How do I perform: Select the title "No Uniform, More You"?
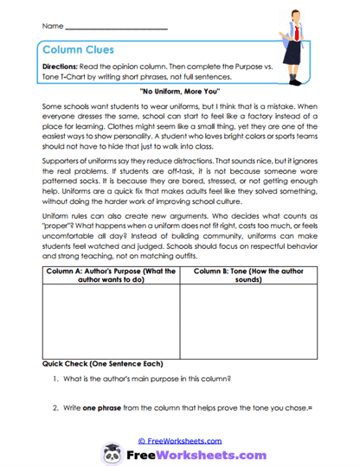(180, 90)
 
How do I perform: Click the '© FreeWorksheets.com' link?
(179, 440)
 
